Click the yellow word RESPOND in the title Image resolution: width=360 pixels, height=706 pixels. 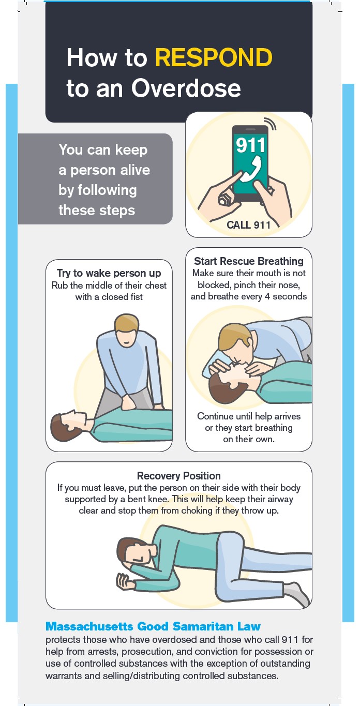[x=214, y=57]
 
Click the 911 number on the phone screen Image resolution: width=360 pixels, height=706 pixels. [x=251, y=145]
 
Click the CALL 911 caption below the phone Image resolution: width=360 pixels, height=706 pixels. [x=248, y=225]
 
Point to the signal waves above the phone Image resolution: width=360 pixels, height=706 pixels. [x=270, y=123]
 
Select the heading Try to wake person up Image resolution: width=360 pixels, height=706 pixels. [x=109, y=273]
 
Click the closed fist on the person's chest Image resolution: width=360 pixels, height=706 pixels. [x=129, y=402]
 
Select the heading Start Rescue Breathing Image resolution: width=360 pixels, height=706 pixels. [x=249, y=261]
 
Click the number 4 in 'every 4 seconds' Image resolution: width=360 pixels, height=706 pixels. [x=267, y=296]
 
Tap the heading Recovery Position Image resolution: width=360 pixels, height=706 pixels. [x=179, y=476]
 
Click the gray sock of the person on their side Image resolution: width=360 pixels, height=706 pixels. [x=298, y=594]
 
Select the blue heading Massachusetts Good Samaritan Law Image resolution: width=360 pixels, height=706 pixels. [x=153, y=626]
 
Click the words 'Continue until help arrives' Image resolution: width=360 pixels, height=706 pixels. [x=249, y=416]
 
